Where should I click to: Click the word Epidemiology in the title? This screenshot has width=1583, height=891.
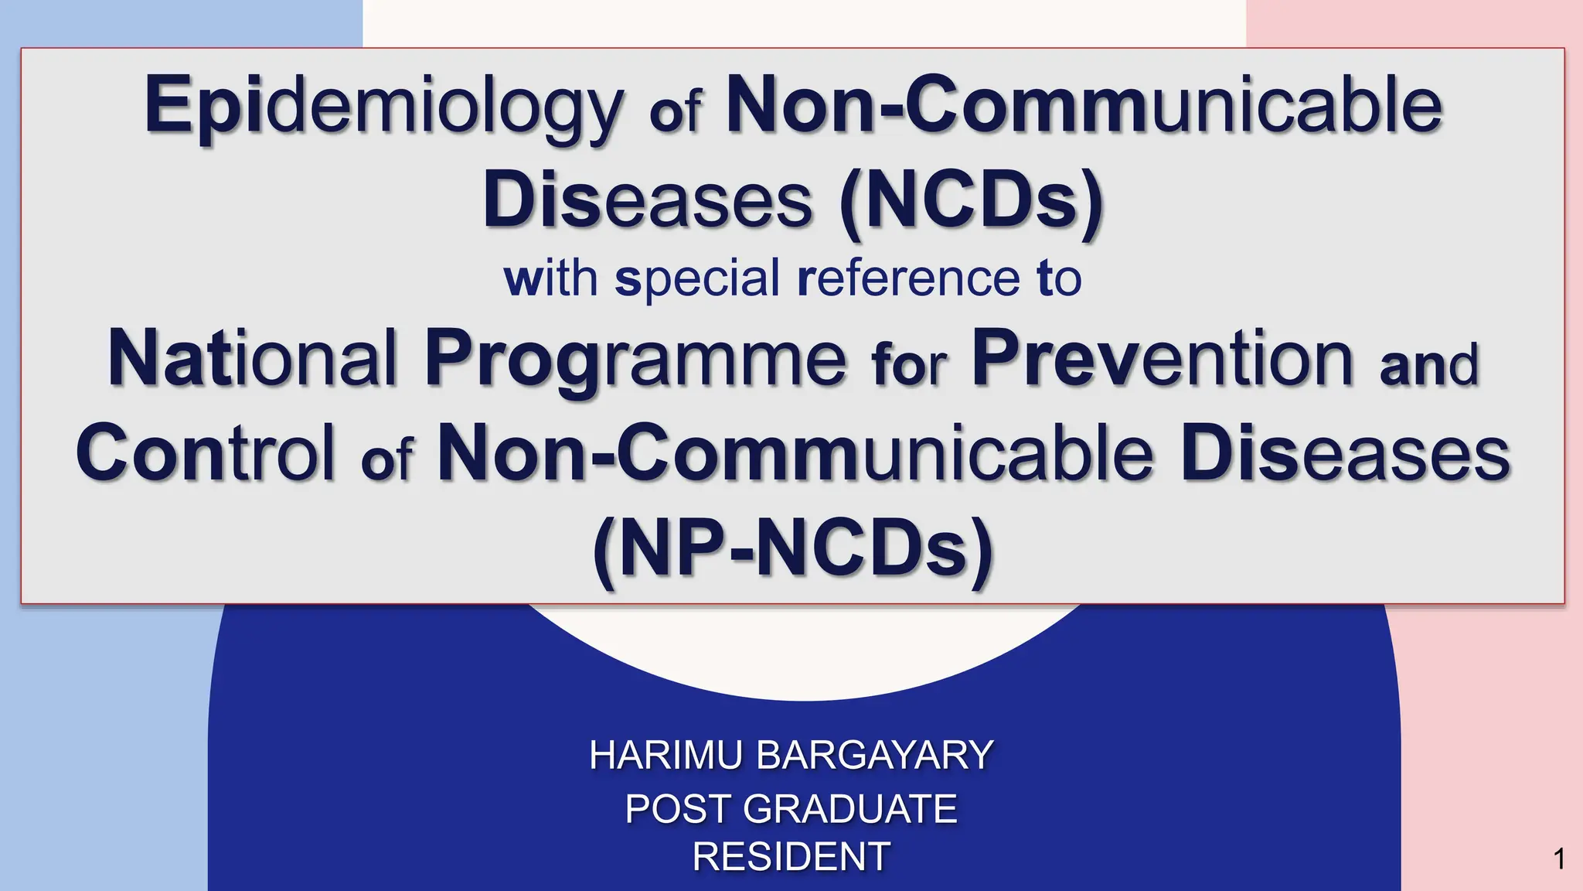point(383,106)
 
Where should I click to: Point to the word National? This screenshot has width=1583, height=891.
point(251,358)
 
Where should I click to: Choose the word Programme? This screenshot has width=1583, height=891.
point(635,358)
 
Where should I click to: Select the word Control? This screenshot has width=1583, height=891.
point(206,453)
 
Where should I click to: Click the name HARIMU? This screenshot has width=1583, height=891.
point(666,755)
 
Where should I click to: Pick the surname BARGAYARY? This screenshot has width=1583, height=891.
point(874,755)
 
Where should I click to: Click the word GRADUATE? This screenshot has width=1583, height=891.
point(850,809)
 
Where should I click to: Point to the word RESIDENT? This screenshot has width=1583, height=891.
point(791,856)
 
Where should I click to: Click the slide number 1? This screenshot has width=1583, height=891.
point(1559,859)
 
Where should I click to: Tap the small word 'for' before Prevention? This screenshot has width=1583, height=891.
point(908,364)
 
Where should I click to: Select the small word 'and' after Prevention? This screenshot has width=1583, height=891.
point(1428,364)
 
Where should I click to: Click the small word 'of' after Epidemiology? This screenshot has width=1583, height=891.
point(675,112)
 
